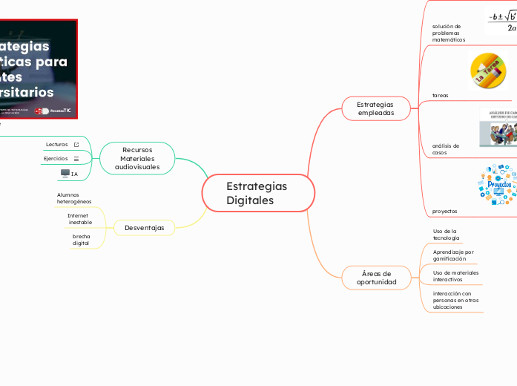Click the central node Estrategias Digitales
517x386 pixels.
coord(257,193)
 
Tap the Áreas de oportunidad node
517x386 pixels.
coord(376,278)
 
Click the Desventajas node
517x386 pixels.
coord(145,227)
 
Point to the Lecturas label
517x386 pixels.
coord(56,144)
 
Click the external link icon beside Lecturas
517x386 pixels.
coord(76,144)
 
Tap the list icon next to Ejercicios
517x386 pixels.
coord(76,159)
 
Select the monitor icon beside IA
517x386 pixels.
coord(65,173)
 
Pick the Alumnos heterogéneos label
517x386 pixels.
coord(74,198)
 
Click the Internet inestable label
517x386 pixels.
coord(79,219)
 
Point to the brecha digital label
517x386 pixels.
coord(81,240)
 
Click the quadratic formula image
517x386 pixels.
coord(502,22)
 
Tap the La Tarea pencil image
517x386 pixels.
coord(488,71)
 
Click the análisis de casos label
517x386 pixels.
coord(446,149)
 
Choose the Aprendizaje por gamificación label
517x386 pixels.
coord(453,255)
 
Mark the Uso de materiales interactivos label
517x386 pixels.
coord(455,276)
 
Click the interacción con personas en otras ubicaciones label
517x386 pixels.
coord(455,300)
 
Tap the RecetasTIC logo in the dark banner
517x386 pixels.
coord(61,110)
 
